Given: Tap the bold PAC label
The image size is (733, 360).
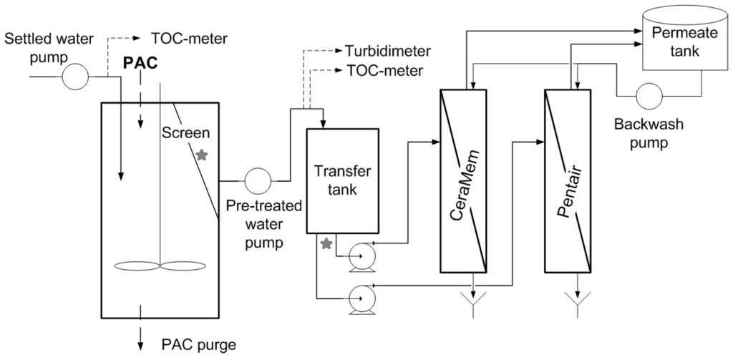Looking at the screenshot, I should pyautogui.click(x=140, y=63).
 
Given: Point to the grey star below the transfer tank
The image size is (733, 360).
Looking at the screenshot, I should pyautogui.click(x=326, y=244).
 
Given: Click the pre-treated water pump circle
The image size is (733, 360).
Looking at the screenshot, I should pyautogui.click(x=256, y=180).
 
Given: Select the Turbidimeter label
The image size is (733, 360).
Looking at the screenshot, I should pyautogui.click(x=387, y=52).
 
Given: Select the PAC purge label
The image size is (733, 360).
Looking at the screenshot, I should pyautogui.click(x=195, y=344).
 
